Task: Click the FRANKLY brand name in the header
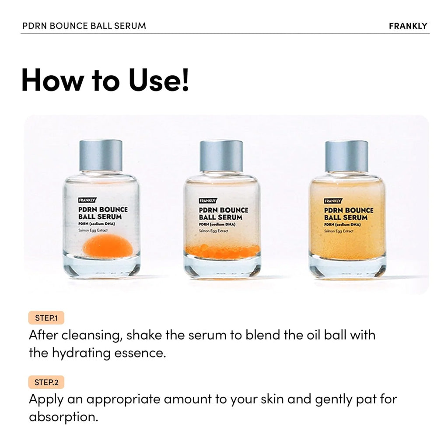point(408,26)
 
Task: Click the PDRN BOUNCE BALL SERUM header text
point(84,26)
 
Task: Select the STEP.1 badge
point(46,318)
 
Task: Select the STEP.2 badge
point(46,382)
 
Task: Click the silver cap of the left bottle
point(101,155)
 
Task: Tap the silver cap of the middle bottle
point(221,155)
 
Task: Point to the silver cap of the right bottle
point(346,155)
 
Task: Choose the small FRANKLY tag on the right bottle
point(333,201)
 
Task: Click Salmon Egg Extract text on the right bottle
point(339,231)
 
